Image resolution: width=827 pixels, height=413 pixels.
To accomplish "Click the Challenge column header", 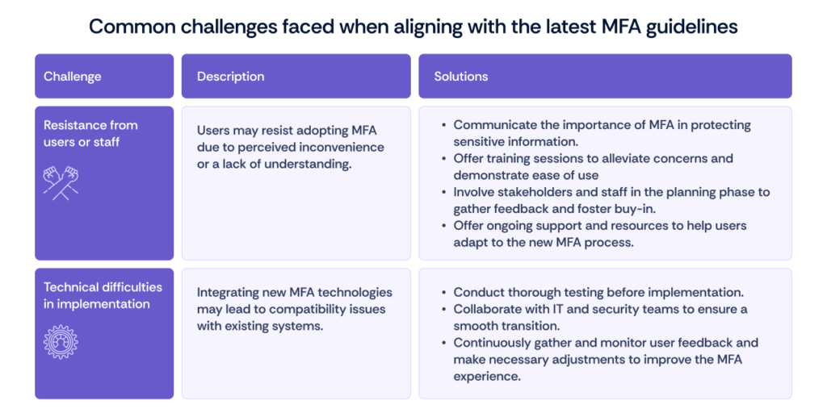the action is [x=73, y=77].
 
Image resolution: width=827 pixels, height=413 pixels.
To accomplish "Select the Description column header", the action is [x=230, y=77].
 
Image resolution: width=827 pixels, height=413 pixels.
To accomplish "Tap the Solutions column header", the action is [x=461, y=77].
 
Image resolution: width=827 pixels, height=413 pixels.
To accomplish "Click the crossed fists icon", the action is [x=61, y=181].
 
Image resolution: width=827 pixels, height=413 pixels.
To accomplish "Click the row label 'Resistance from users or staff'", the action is [x=90, y=133].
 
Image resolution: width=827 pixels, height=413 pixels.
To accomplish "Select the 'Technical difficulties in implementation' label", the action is [x=103, y=295].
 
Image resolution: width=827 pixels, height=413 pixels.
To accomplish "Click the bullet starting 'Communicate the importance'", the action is [x=602, y=133].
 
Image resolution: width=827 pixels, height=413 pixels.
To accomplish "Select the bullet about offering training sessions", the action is [x=593, y=166].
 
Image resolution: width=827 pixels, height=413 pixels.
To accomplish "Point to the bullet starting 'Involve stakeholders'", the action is [x=611, y=200].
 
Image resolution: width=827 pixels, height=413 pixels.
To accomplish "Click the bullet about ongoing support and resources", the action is [x=599, y=234].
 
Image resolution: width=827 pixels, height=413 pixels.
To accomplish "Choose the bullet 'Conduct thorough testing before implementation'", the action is [x=598, y=292].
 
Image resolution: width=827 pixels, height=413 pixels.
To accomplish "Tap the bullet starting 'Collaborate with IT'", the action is [x=600, y=317].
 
